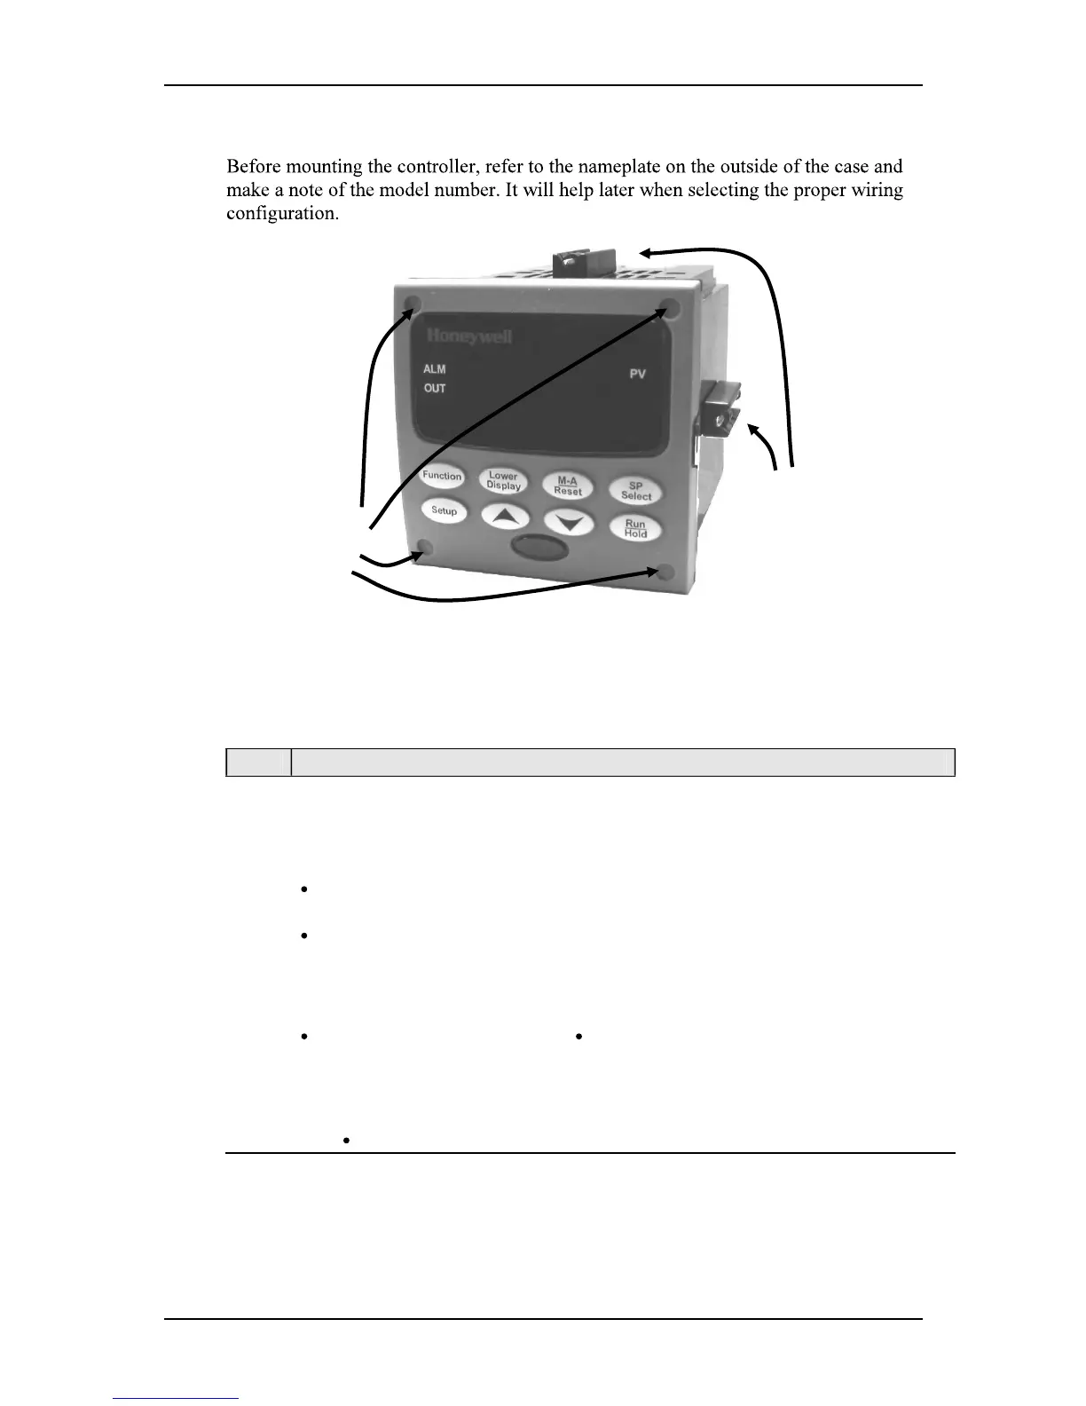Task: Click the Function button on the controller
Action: [442, 477]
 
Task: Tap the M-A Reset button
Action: [568, 486]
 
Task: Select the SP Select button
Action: [635, 491]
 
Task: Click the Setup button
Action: [444, 511]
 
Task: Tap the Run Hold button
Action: [635, 529]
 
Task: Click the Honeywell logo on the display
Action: [469, 336]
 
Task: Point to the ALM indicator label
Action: [435, 369]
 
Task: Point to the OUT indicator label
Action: [435, 389]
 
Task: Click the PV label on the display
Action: [637, 375]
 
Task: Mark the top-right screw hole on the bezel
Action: [671, 308]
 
